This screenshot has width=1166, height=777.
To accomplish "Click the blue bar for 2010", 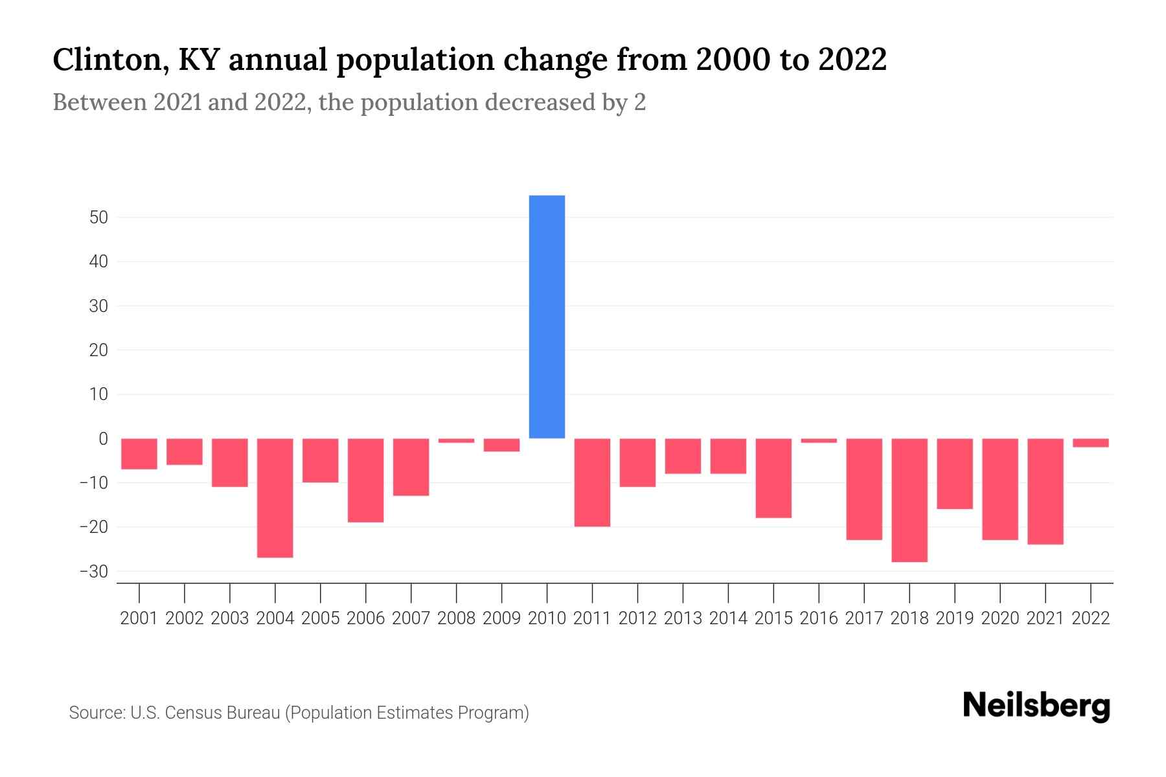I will tap(547, 317).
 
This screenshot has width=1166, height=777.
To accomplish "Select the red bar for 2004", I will tap(275, 497).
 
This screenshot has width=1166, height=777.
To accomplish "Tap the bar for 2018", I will tap(909, 500).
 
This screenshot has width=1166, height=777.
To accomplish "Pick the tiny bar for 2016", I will tap(819, 440).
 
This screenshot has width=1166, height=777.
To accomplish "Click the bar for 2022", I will tap(1090, 443).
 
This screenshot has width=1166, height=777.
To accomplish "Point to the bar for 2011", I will tap(592, 482).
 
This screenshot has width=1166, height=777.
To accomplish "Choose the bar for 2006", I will tap(365, 480).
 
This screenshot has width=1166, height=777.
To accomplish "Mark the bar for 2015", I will tap(773, 478).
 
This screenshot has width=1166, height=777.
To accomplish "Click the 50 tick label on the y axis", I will tap(98, 218).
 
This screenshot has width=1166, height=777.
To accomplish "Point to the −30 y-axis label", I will tap(93, 572).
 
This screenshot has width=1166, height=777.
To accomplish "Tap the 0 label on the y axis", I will tap(103, 439).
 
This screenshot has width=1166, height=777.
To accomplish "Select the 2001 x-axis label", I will tap(139, 618).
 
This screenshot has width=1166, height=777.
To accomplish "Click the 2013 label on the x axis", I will tap(683, 618).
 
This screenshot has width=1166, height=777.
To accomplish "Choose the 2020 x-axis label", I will tap(1000, 618).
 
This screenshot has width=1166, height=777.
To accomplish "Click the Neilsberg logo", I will tap(1036, 706).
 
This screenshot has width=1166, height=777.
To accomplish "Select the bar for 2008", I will tap(456, 440).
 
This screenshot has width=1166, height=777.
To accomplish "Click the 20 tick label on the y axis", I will tap(98, 350).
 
